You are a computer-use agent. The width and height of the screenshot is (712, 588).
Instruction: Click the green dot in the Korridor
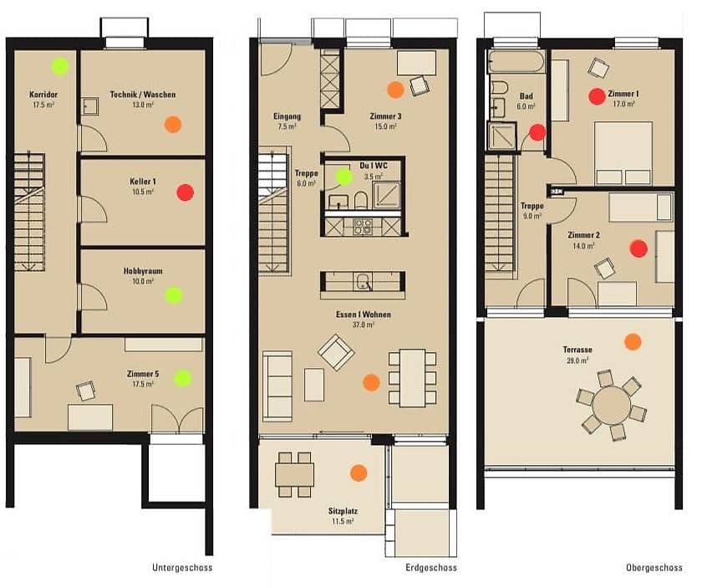(60, 66)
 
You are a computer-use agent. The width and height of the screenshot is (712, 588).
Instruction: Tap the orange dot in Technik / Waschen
(173, 124)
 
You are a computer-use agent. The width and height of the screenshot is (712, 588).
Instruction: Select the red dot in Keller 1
(186, 192)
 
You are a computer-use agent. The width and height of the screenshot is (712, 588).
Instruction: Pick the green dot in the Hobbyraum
(174, 295)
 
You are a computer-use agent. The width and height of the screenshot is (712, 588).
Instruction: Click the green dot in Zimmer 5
(183, 378)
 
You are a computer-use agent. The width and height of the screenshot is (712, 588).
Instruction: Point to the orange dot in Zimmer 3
(395, 89)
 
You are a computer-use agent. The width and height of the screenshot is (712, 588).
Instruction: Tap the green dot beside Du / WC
(344, 176)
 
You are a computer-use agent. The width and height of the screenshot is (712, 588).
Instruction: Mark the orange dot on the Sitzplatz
(359, 473)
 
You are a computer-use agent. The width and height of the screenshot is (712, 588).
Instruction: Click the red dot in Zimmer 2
(638, 248)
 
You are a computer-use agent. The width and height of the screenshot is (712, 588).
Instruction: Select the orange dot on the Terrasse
(633, 342)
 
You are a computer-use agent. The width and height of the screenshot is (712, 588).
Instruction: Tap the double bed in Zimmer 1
(623, 153)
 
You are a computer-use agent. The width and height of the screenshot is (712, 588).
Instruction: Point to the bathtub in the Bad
(516, 62)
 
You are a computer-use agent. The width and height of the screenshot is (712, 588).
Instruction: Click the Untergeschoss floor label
(182, 568)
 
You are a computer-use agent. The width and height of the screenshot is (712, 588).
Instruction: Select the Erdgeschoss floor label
(431, 568)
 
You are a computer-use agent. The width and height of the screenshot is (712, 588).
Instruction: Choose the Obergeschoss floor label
(654, 568)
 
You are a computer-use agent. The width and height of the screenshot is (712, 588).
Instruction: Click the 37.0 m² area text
(364, 325)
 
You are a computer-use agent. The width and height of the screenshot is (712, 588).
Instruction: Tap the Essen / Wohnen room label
(364, 314)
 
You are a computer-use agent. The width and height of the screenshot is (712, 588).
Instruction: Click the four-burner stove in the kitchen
(363, 227)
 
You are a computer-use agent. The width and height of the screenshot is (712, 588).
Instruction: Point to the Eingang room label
(287, 116)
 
